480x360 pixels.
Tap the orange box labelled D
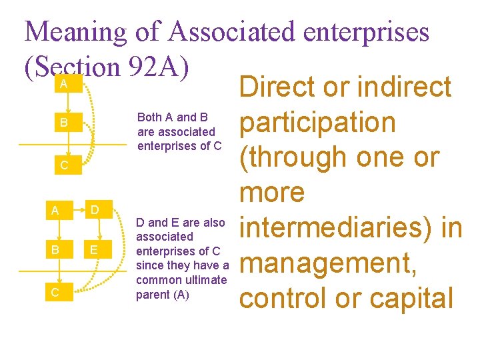click(95, 211)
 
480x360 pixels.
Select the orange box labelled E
click(95, 250)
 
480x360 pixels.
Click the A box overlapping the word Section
click(63, 83)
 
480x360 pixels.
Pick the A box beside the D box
click(56, 211)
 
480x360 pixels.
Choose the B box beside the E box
click(56, 250)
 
